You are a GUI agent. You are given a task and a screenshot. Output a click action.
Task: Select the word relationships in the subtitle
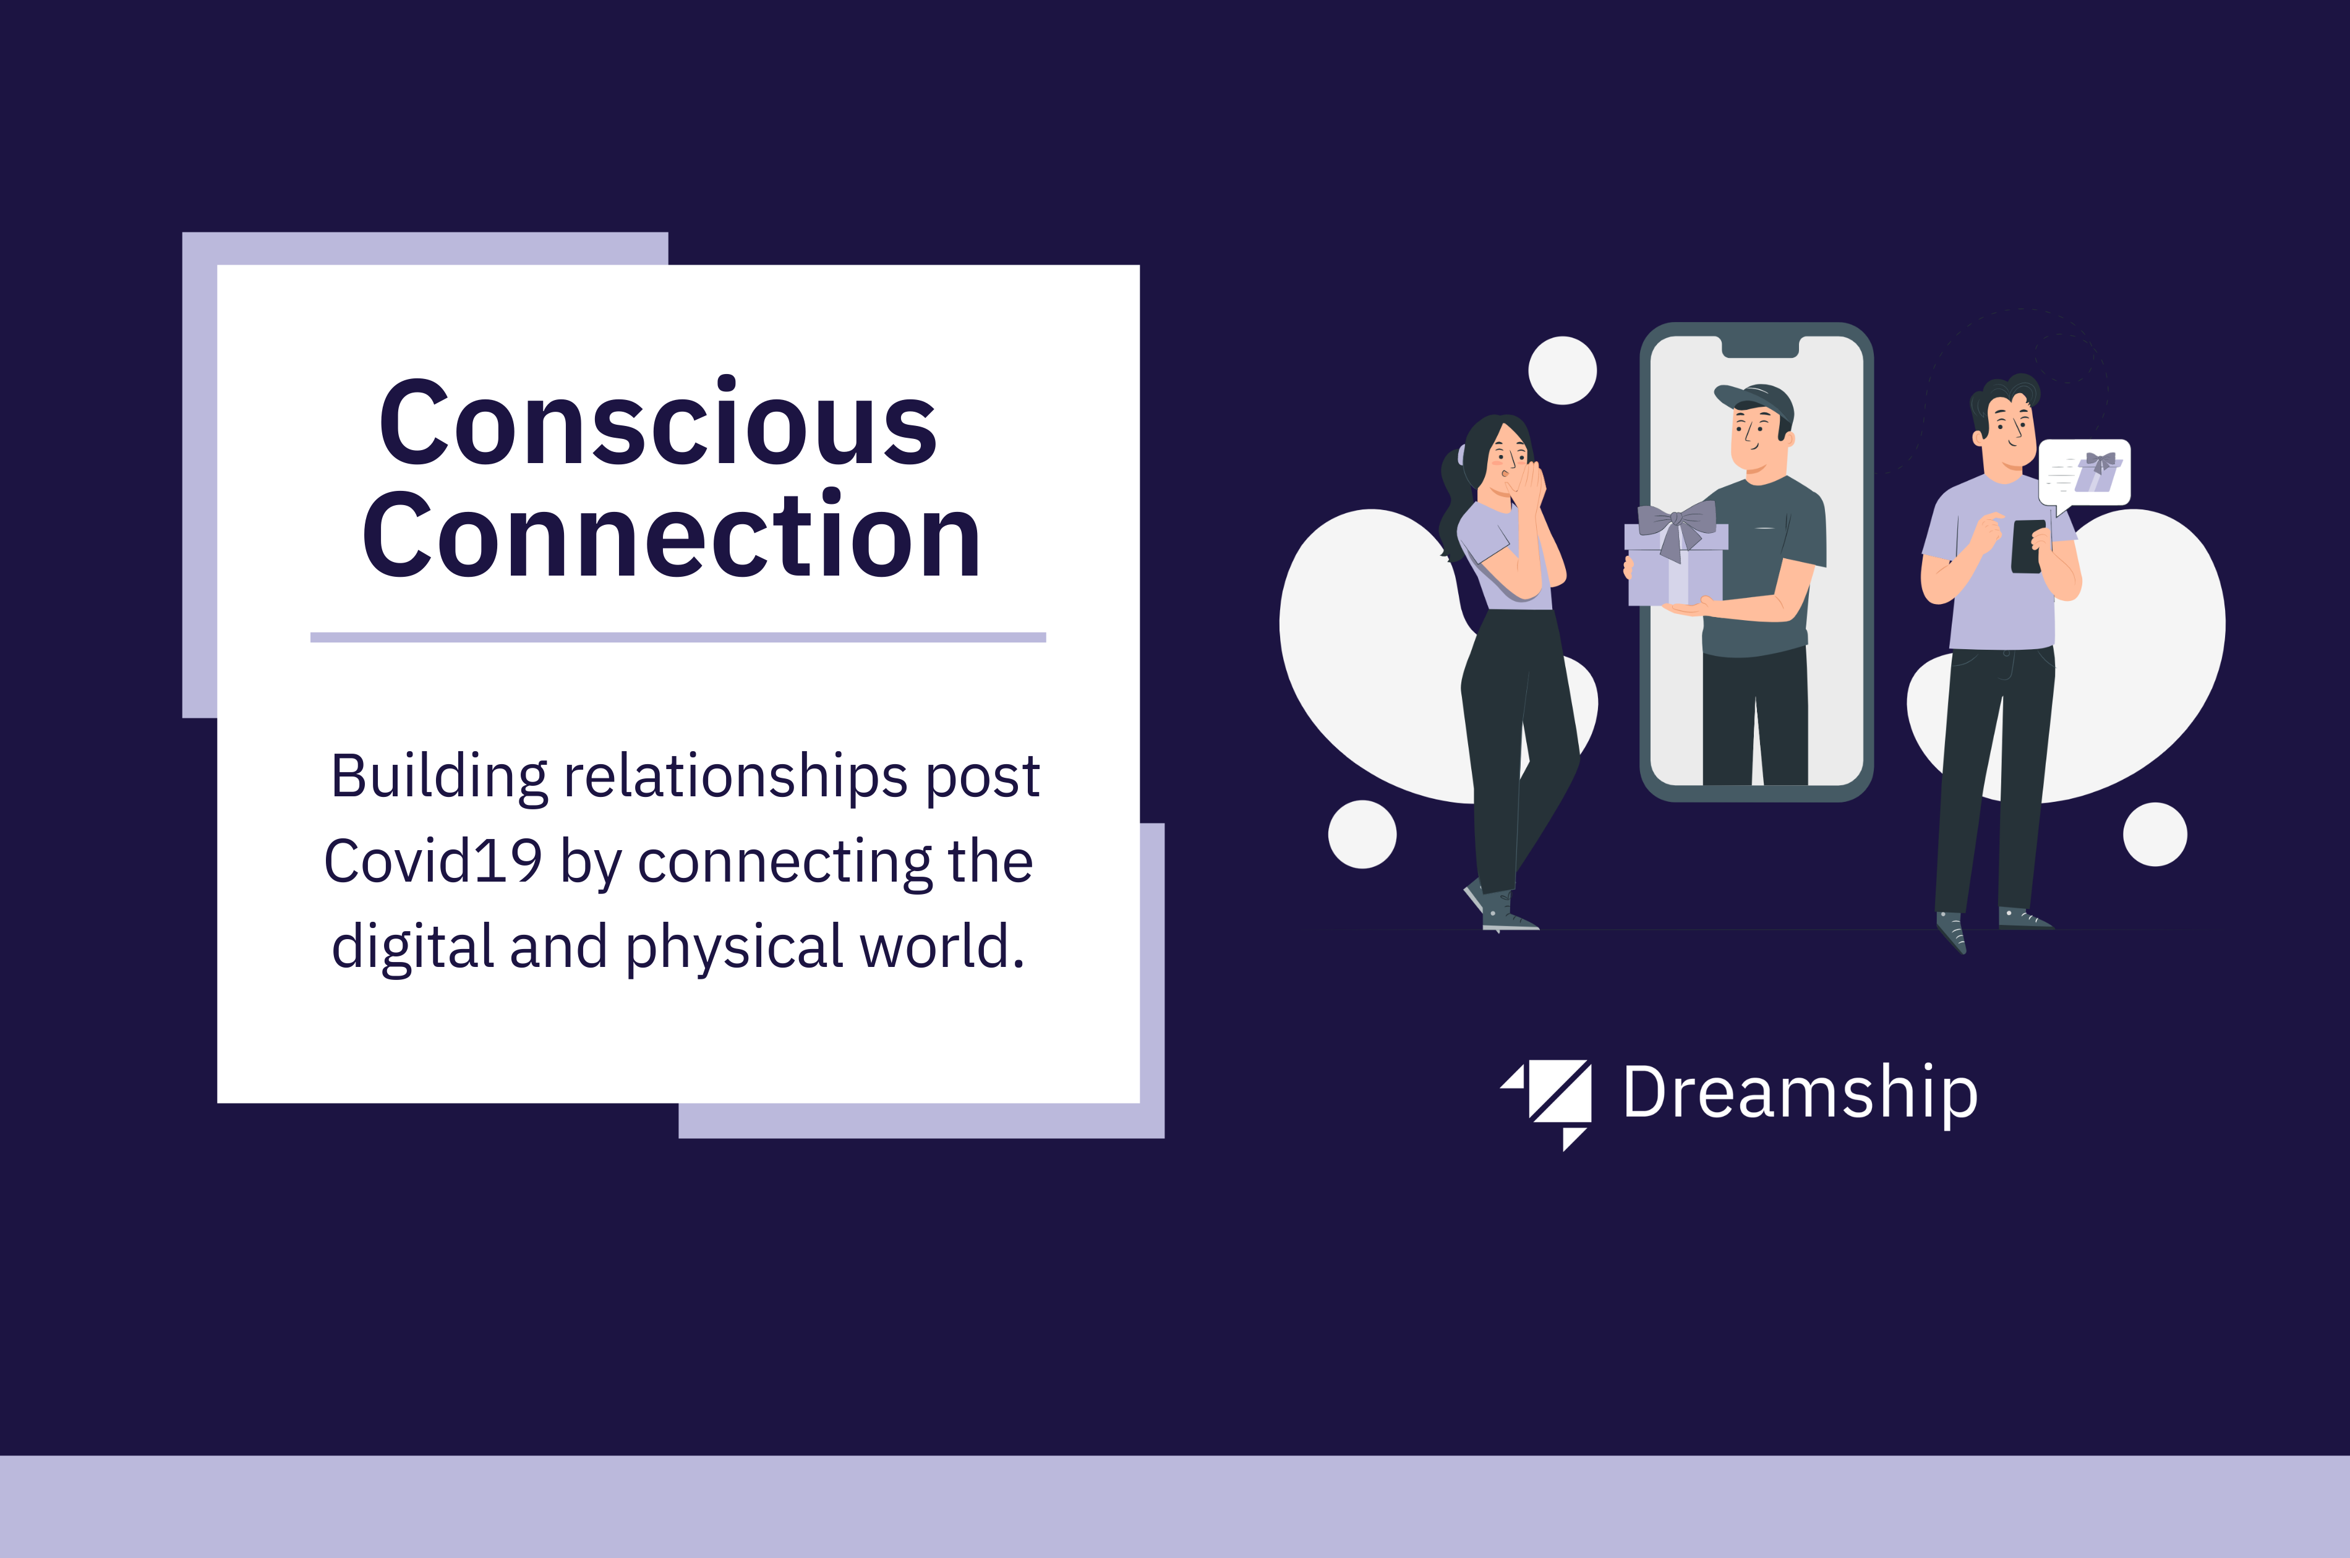735,777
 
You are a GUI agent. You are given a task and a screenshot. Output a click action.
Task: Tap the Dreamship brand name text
1800,1094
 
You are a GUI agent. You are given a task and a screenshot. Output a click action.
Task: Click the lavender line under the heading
678,637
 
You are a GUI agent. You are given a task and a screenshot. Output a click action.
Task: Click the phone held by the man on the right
2028,547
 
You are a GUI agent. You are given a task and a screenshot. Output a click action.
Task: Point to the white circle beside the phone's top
1562,370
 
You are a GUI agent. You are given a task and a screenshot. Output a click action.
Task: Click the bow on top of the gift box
1677,527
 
